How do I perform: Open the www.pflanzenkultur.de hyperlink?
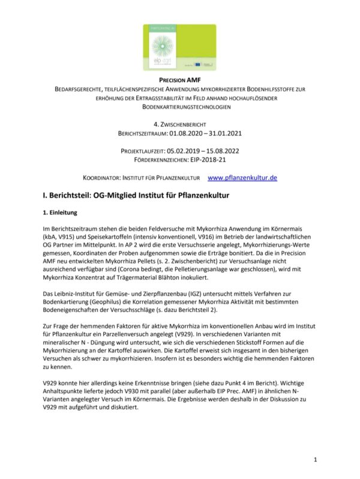click(242, 178)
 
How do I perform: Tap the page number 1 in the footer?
click(315, 459)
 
